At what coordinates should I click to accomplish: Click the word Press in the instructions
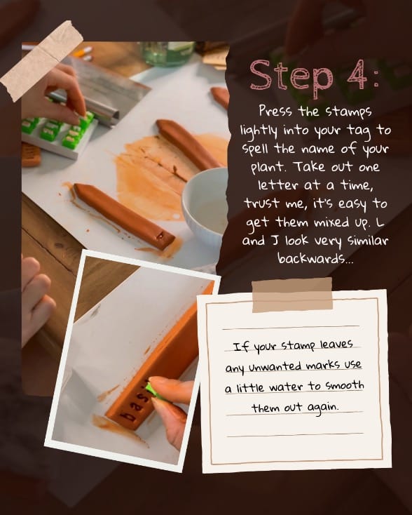[x=276, y=111]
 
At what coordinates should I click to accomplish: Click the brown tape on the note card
[x=292, y=295]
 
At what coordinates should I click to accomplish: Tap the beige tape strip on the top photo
[x=42, y=60]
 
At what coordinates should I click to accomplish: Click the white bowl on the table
[x=205, y=197]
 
